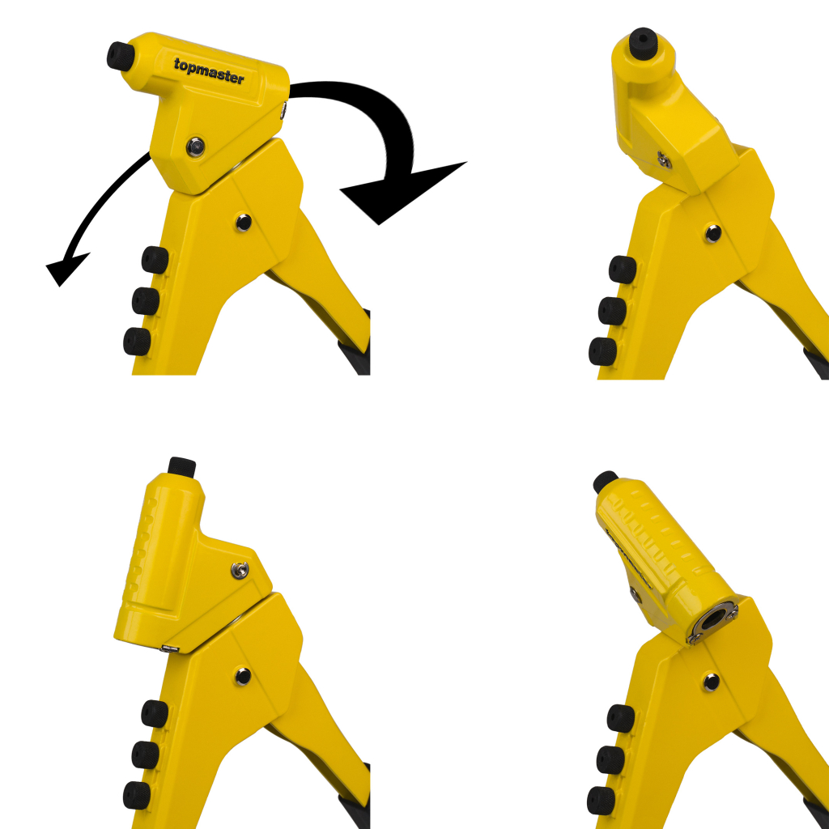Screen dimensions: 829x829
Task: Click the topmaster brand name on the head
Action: [x=209, y=71]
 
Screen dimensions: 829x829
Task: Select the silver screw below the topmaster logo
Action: [x=196, y=147]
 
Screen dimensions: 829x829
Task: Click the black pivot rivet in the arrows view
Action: [x=243, y=222]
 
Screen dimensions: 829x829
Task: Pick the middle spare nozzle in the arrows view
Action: [x=146, y=301]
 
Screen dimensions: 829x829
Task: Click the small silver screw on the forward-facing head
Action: [x=664, y=159]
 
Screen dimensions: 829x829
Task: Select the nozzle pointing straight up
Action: [x=182, y=468]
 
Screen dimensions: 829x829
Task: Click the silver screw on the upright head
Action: [x=240, y=570]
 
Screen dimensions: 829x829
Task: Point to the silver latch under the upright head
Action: [x=169, y=648]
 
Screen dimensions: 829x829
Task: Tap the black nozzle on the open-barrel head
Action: [x=605, y=481]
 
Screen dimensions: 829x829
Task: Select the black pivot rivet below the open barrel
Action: [x=711, y=682]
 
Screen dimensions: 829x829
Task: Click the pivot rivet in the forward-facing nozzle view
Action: [x=712, y=233]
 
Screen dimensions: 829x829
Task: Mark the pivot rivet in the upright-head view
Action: [x=243, y=676]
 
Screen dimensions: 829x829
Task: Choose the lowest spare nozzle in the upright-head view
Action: [x=136, y=795]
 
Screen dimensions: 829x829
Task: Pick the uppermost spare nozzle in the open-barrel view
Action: [x=621, y=718]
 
